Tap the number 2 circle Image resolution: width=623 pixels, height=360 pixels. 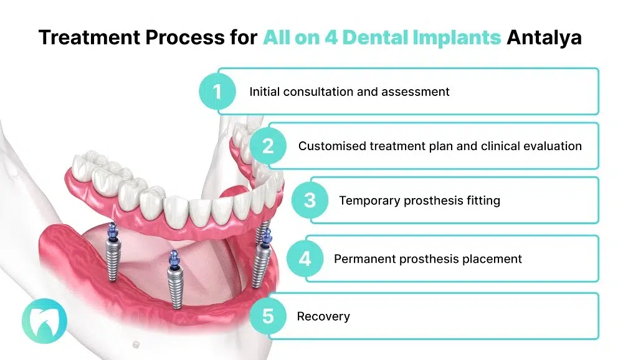[x=268, y=146]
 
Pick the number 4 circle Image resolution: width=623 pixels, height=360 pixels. [x=305, y=258]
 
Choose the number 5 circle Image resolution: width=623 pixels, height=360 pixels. [x=268, y=316]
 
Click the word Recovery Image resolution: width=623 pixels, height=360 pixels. [x=323, y=316]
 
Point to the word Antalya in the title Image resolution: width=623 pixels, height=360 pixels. [x=544, y=37]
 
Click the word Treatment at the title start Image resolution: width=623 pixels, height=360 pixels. [x=84, y=37]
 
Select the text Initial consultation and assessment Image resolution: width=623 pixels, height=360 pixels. [x=349, y=92]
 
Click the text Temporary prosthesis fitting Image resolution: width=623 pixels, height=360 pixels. [x=419, y=201]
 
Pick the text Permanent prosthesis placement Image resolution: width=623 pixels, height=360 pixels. [x=427, y=258]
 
